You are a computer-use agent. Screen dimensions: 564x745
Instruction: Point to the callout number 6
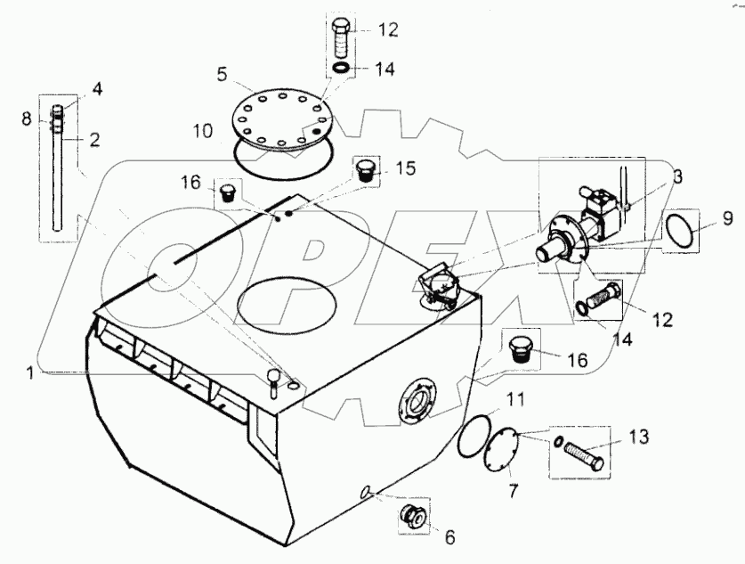(x=449, y=537)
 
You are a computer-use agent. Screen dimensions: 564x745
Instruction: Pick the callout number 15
(x=405, y=167)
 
